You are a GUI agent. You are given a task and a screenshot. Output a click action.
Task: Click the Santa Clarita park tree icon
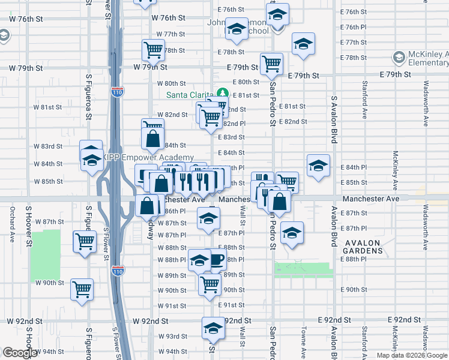pyautogui.click(x=223, y=94)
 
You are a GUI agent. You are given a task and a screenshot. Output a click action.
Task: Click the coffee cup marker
pyautogui.click(x=216, y=259)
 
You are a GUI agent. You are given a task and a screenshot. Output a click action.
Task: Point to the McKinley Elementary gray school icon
pyautogui.click(x=397, y=58)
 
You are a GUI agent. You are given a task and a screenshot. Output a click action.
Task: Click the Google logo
pyautogui.click(x=20, y=353)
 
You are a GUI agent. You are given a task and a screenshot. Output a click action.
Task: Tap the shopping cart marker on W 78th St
pyautogui.click(x=153, y=50)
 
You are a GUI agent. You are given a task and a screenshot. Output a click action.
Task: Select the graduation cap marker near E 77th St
pyautogui.click(x=303, y=44)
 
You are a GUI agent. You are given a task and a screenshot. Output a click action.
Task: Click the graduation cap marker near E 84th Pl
pyautogui.click(x=318, y=165)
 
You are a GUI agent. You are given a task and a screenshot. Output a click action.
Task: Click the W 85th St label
pyautogui.click(x=48, y=181)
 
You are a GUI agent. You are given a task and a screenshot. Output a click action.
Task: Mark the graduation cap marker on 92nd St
pyautogui.click(x=212, y=328)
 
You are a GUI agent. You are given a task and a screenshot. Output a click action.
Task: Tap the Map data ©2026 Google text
pyautogui.click(x=411, y=355)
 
